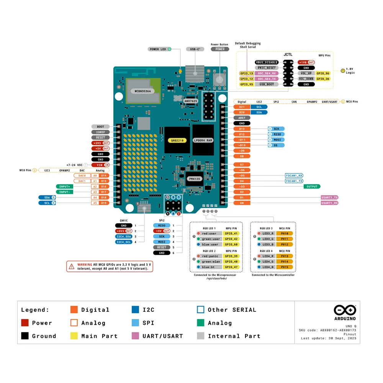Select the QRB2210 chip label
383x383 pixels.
(x=177, y=141)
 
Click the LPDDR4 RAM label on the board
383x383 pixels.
(x=203, y=141)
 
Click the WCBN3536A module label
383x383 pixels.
(x=142, y=91)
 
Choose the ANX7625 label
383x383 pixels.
(x=190, y=101)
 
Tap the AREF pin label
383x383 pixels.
(x=242, y=118)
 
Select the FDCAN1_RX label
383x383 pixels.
(x=294, y=175)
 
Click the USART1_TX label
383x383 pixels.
(x=329, y=198)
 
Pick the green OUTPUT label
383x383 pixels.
(x=312, y=187)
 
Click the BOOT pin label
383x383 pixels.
(x=100, y=127)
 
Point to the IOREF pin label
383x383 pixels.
(x=100, y=132)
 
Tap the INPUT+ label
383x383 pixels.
(x=64, y=187)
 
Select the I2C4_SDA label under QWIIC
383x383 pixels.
(x=124, y=237)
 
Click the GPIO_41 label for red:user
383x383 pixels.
(x=231, y=233)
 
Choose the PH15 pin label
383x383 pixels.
(x=284, y=267)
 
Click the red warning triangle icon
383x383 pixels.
(x=72, y=266)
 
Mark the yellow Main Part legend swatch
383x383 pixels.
(x=74, y=336)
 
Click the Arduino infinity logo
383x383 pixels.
(x=345, y=310)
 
